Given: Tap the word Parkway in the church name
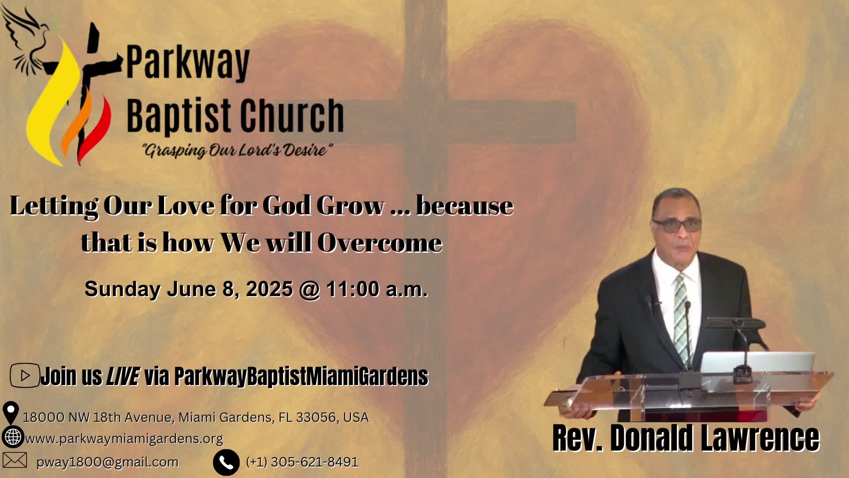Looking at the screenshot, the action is click(188, 63).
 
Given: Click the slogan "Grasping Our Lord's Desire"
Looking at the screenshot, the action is click(237, 150).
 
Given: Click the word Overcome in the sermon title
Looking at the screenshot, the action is click(380, 243).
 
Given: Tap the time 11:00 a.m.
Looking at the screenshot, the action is click(377, 289).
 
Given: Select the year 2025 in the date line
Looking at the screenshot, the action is click(269, 289).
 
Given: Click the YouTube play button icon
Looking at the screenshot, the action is click(25, 375).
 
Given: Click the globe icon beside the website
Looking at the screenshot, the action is click(13, 437).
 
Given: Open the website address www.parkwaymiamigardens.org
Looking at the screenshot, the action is click(124, 439).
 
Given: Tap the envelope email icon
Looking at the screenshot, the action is click(15, 460).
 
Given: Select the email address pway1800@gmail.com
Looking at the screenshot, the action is click(107, 462).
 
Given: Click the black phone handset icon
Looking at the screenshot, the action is click(226, 463).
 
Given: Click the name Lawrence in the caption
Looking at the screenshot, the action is click(760, 438).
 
